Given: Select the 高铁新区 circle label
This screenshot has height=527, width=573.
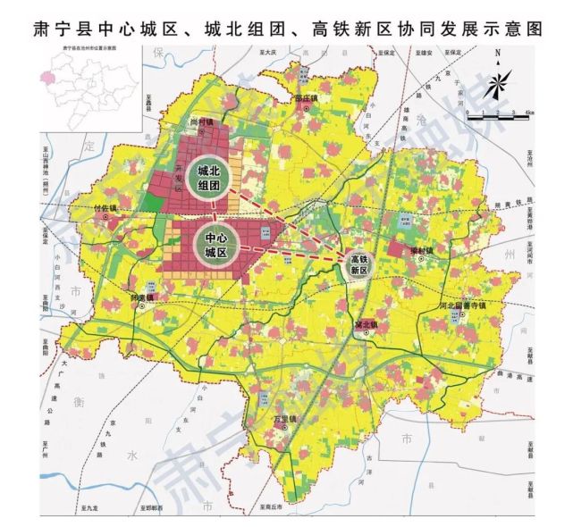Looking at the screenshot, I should [358, 263].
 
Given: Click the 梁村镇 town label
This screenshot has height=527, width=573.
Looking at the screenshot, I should [421, 254].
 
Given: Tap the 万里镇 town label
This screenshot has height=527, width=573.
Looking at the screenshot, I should [286, 419].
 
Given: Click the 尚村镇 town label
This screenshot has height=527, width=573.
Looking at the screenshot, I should [202, 121].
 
